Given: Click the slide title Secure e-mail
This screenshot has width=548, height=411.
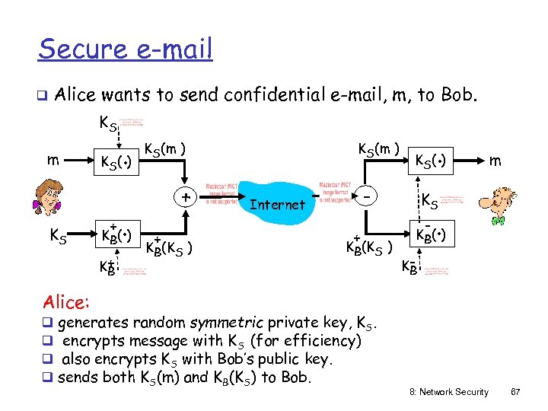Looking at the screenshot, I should (x=126, y=49).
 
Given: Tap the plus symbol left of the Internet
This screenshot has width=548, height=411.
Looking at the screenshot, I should (x=185, y=197).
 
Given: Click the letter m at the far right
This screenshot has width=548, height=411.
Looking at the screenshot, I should (x=495, y=161).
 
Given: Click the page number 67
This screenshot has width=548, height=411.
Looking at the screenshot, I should (x=515, y=392).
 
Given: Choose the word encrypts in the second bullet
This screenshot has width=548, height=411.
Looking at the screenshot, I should (x=93, y=342).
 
